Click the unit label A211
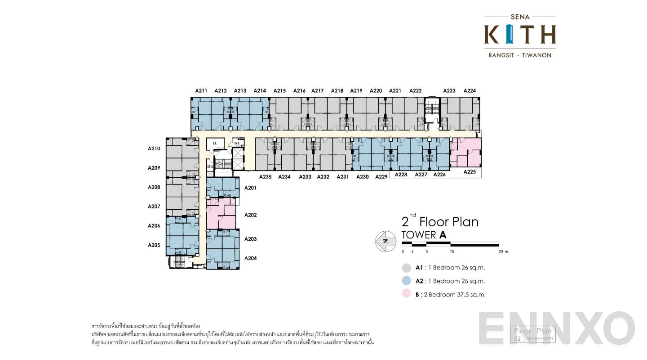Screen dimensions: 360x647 (x=201, y=90)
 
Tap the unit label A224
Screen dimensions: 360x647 (x=470, y=90)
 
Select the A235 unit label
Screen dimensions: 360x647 (x=265, y=177)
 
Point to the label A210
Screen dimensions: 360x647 (x=154, y=148)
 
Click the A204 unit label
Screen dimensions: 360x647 (x=250, y=258)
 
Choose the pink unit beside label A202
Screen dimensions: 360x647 (x=221, y=214)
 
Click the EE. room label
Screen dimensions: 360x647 (x=215, y=143)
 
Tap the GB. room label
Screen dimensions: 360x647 (x=236, y=143)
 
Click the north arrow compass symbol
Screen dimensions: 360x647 (x=384, y=242)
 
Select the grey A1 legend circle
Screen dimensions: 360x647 (x=407, y=268)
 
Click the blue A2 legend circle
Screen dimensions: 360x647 (x=407, y=281)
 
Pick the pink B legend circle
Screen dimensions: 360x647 (x=407, y=295)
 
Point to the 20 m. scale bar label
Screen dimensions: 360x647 (x=504, y=252)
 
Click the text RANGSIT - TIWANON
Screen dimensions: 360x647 (x=520, y=55)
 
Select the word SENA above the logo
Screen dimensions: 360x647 (x=520, y=17)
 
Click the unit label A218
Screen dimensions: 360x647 (x=337, y=90)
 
